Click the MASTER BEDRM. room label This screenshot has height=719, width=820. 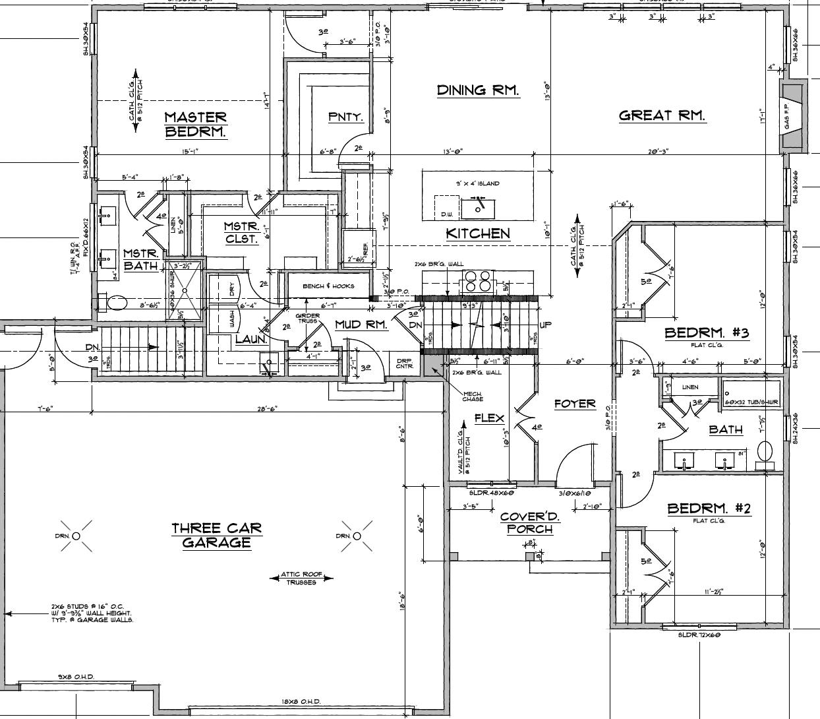point(195,124)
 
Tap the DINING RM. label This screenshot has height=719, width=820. point(477,90)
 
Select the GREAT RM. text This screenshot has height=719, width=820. point(662,115)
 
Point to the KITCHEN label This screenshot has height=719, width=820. point(477,234)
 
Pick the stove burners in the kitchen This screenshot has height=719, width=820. point(479,281)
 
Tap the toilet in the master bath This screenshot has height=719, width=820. point(116,303)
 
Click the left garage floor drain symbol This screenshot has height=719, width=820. point(76,536)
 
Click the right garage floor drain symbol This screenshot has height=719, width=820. point(357,536)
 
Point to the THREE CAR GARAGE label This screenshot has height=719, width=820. point(216,535)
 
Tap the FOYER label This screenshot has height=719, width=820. point(574,403)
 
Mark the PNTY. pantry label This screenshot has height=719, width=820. point(345,117)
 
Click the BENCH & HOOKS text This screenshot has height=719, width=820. point(328,286)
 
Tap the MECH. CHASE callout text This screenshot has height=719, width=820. point(473,396)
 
